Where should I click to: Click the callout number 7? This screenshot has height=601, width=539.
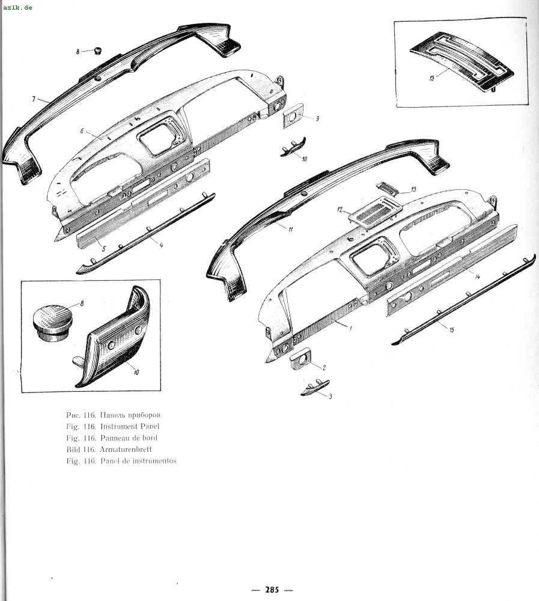point(34,99)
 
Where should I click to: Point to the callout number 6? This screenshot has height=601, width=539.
point(82,131)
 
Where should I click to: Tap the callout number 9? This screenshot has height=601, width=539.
point(317,119)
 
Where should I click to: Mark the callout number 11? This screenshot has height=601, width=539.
point(291,229)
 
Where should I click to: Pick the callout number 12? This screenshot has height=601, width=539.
point(340,210)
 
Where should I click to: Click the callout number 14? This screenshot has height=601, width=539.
point(477,276)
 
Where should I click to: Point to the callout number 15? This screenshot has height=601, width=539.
point(452,329)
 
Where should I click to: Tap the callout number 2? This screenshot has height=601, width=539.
point(324,368)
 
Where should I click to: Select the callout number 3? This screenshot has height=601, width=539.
point(330,396)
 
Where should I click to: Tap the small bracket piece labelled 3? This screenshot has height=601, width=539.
point(315,388)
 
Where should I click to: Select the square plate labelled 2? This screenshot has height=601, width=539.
point(300,359)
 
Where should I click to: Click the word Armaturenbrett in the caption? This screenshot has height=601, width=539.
point(126,449)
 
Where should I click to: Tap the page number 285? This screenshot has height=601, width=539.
point(272,590)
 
